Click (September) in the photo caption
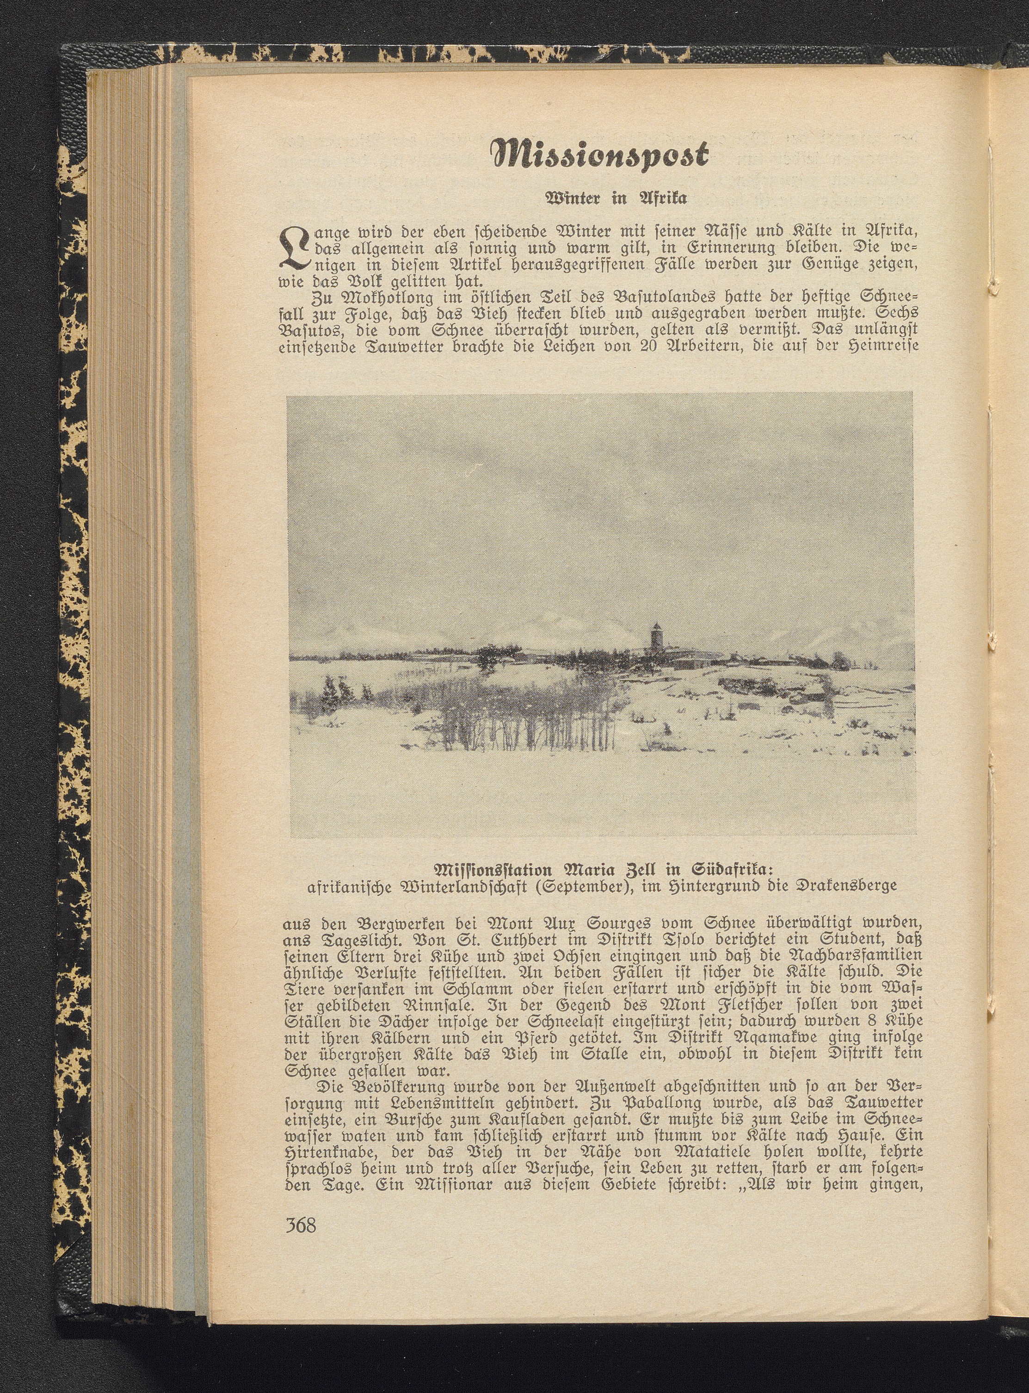coord(579,885)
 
